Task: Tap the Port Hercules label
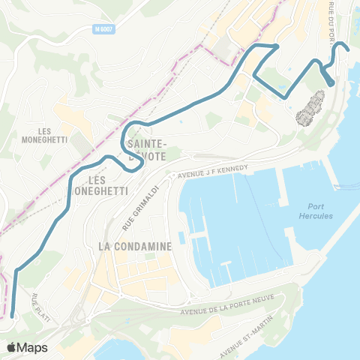[x=320, y=211]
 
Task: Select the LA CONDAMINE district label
[x=136, y=245]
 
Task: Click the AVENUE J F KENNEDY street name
[x=213, y=172]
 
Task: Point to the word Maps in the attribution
[x=33, y=347]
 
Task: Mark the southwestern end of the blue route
[x=13, y=316]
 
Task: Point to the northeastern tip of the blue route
[x=349, y=50]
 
